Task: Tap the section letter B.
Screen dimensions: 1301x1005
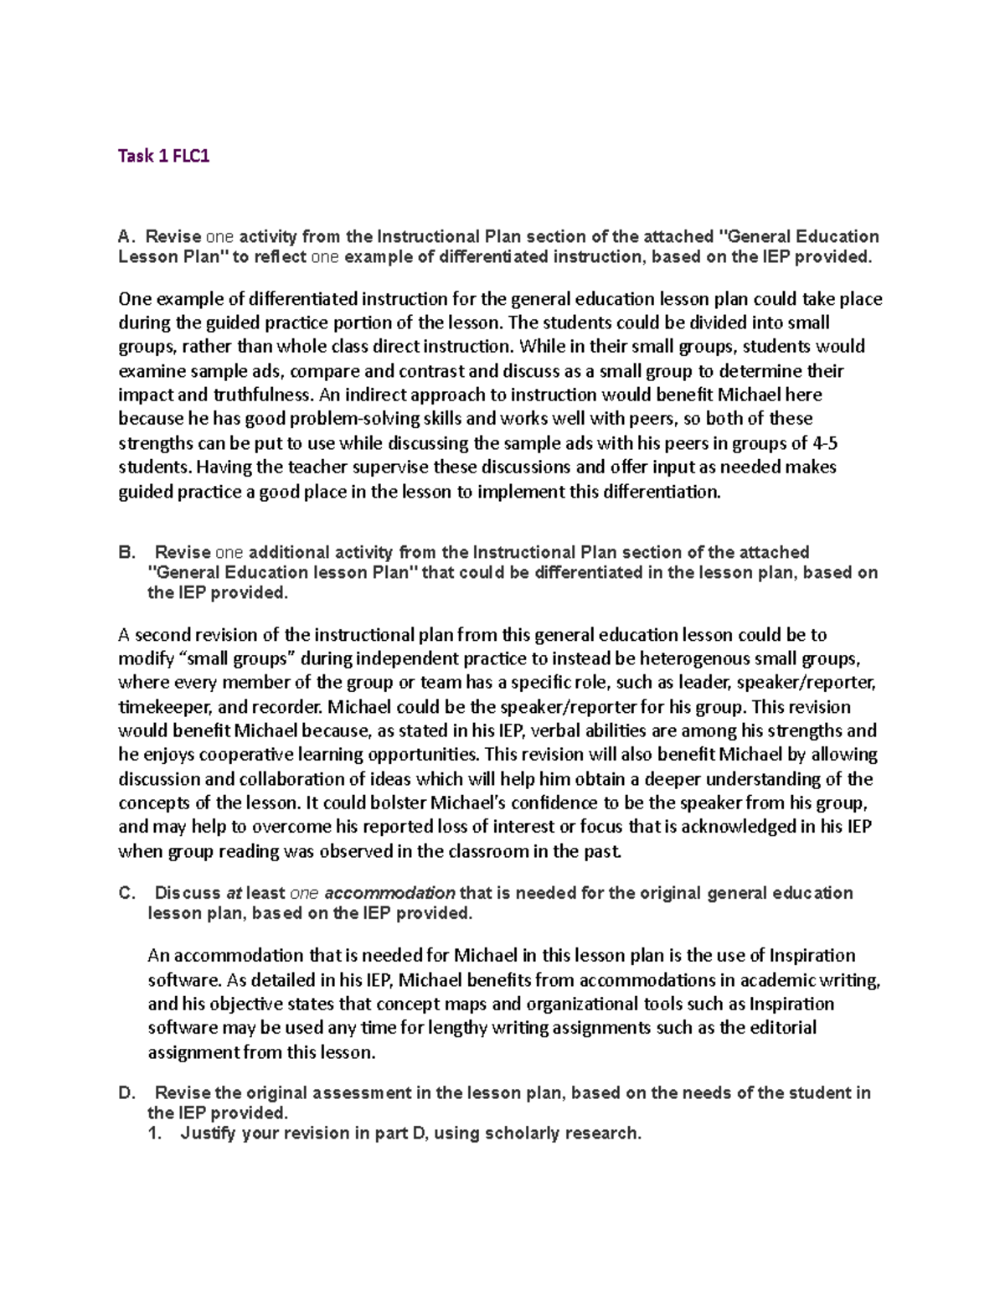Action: click(126, 552)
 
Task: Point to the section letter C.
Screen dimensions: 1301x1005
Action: click(126, 893)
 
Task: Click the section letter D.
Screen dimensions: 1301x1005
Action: click(126, 1092)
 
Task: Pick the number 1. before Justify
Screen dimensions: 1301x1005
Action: click(154, 1133)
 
